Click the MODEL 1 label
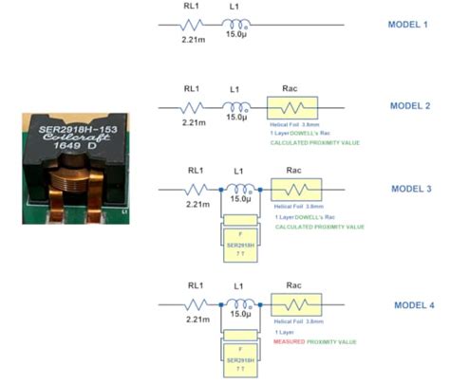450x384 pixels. (409, 25)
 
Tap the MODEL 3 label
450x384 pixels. (410, 189)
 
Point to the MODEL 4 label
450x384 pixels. (413, 305)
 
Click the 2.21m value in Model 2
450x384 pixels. (193, 122)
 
